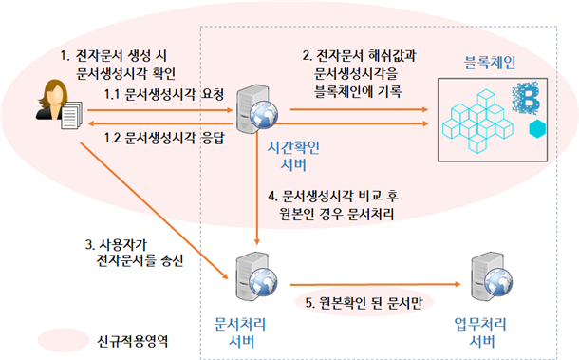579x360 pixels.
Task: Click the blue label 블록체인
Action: point(491,65)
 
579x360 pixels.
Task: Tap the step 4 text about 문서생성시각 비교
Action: point(338,205)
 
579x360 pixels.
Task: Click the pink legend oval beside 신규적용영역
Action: point(54,338)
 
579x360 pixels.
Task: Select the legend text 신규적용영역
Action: point(134,338)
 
